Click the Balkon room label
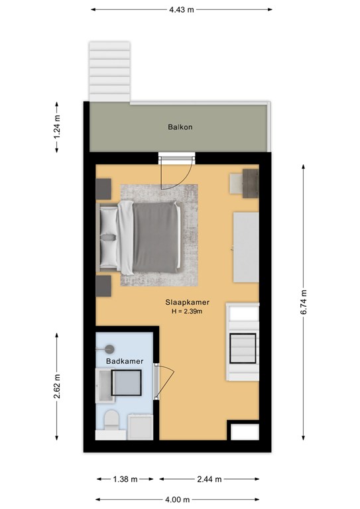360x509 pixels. (x=180, y=127)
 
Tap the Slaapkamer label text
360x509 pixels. (x=188, y=302)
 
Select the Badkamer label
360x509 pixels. (x=125, y=361)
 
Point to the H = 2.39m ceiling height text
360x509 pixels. (x=188, y=311)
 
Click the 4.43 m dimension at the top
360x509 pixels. (x=182, y=10)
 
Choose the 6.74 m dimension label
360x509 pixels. (x=304, y=302)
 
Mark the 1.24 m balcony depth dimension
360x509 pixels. (x=57, y=127)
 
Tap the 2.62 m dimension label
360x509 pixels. (x=57, y=386)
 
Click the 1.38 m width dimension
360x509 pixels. (x=125, y=479)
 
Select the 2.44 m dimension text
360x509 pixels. (x=210, y=479)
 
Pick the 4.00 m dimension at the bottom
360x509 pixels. (x=177, y=500)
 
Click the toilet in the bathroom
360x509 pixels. (x=111, y=420)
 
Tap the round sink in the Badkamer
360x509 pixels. (x=109, y=349)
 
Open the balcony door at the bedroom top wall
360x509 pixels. (x=177, y=172)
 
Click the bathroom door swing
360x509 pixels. (x=164, y=382)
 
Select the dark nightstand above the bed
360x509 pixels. (x=103, y=189)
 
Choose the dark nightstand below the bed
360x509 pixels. (x=103, y=286)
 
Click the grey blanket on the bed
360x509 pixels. (x=156, y=237)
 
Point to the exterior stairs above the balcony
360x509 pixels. (x=109, y=72)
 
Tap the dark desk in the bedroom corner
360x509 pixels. (x=251, y=184)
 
